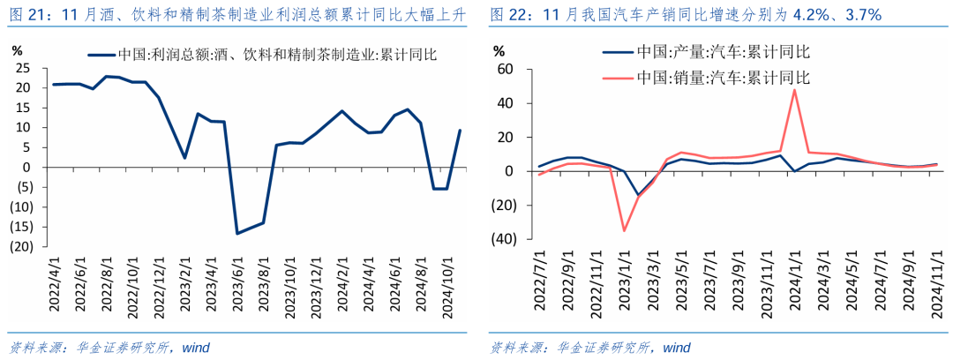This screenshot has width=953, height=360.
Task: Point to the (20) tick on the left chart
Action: point(21,246)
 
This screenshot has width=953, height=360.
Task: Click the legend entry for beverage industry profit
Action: point(265,55)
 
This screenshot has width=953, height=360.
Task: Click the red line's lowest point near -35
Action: point(625,231)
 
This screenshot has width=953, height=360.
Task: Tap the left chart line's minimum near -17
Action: point(237,233)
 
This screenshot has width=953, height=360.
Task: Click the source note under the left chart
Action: point(108,347)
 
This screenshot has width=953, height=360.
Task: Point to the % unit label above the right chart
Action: point(499,50)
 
